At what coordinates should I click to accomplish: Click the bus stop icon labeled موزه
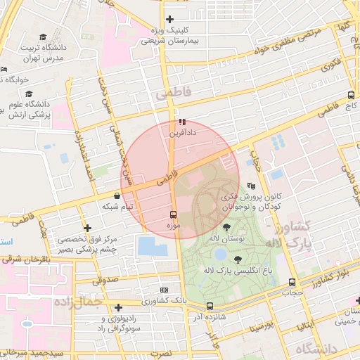[173, 214]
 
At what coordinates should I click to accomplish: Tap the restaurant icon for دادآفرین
[183, 122]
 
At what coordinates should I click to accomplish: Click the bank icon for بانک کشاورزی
[165, 290]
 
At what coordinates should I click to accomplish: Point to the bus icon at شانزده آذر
[210, 306]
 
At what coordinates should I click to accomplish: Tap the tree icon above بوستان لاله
[226, 227]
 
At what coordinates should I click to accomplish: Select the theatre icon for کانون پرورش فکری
[252, 186]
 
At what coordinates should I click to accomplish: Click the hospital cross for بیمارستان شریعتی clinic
[169, 19]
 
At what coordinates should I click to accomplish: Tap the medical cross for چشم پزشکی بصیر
[87, 228]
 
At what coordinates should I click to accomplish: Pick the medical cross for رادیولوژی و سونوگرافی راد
[118, 307]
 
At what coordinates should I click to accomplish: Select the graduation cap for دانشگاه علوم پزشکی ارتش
[29, 94]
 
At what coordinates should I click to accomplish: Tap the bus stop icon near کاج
[351, 95]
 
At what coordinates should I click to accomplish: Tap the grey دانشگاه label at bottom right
[316, 349]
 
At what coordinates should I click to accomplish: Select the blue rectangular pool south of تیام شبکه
[153, 246]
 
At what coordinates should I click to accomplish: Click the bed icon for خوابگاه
[4, 69]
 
